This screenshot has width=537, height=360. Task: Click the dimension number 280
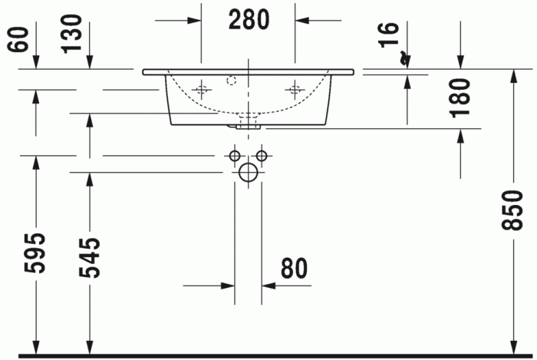click(x=249, y=20)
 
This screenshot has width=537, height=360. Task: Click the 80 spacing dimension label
click(x=293, y=269)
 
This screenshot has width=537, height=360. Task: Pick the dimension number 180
click(x=460, y=97)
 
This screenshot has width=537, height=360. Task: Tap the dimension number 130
click(x=73, y=32)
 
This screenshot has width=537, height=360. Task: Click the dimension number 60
click(x=17, y=38)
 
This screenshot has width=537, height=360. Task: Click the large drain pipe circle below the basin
click(x=248, y=172)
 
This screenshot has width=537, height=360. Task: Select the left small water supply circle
click(x=235, y=156)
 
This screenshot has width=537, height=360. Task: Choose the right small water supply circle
click(x=262, y=156)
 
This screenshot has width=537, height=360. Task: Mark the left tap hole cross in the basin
click(x=202, y=90)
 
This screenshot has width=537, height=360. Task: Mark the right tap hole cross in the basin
click(x=294, y=90)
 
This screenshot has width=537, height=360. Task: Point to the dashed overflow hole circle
click(x=232, y=79)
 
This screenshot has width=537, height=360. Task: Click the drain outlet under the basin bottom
click(x=248, y=121)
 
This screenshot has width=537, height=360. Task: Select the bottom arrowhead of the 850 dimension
click(x=512, y=348)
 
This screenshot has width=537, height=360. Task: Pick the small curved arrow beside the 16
click(x=404, y=58)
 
